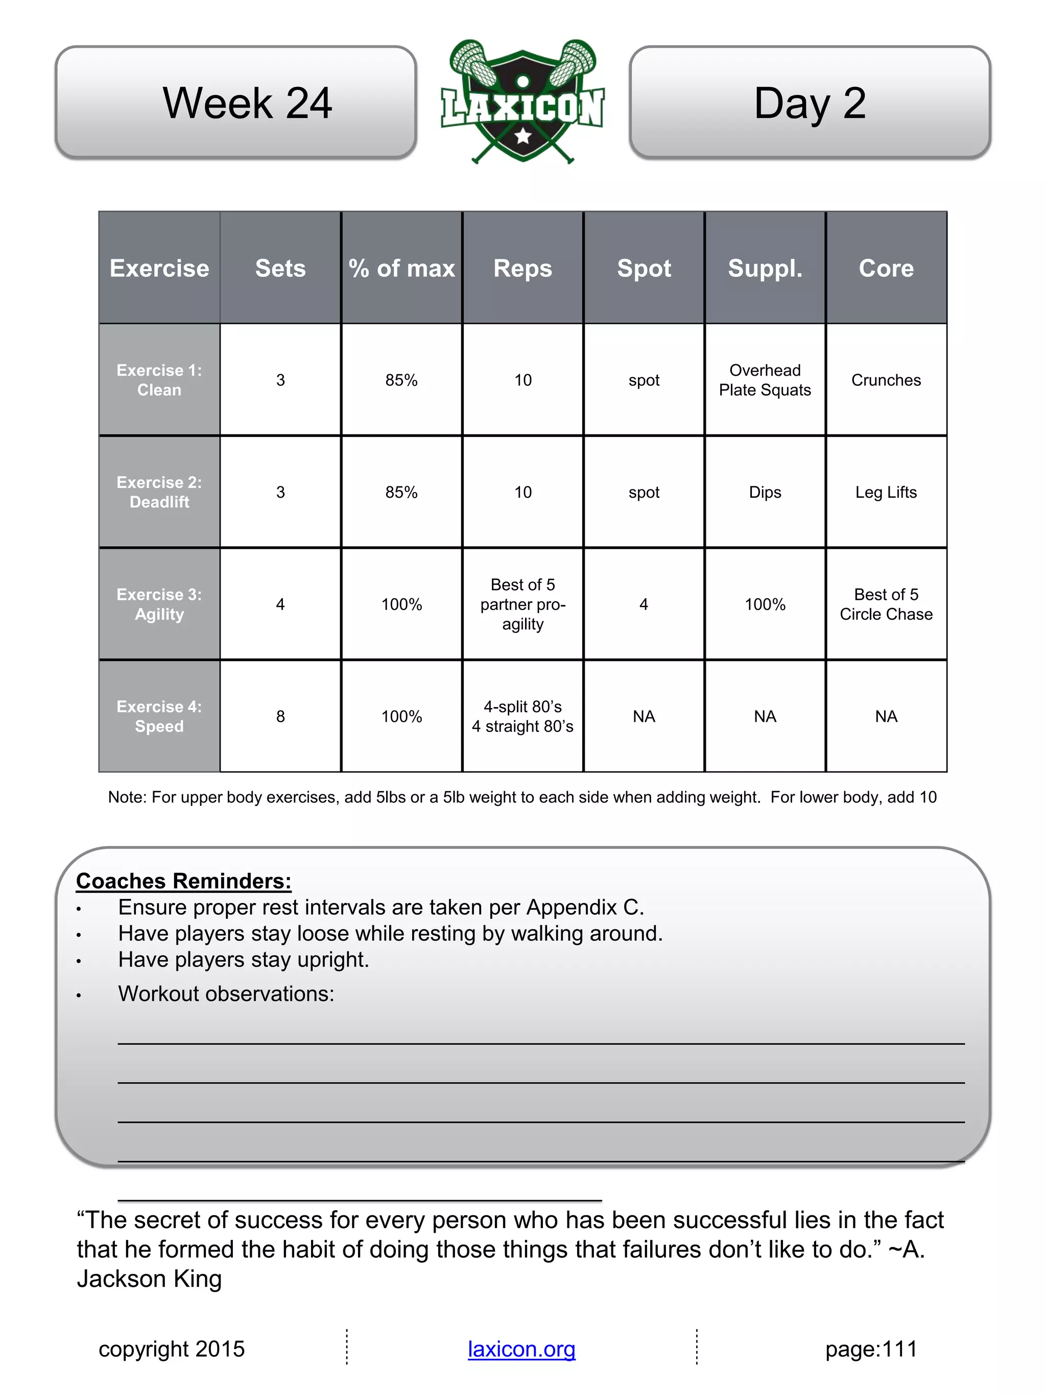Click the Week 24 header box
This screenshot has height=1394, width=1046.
[236, 102]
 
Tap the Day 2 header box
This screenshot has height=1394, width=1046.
[810, 102]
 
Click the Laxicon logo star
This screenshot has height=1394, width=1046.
[522, 135]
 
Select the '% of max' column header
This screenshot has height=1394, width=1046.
[401, 268]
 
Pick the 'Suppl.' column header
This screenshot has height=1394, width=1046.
[765, 268]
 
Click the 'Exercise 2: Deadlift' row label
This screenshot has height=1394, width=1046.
[159, 492]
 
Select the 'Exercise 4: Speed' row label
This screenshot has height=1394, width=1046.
[159, 717]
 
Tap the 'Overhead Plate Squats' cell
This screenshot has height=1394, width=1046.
[765, 380]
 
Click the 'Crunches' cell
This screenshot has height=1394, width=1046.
[886, 380]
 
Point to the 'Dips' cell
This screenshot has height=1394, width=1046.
[765, 492]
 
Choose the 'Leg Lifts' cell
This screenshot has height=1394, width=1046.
[886, 492]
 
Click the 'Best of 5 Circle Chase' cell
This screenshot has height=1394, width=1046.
[886, 604]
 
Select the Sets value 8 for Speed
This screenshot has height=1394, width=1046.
[280, 717]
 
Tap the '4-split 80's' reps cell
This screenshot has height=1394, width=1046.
[522, 717]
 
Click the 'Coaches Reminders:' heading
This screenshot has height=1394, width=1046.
[183, 881]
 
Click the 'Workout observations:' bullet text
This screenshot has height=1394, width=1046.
[226, 994]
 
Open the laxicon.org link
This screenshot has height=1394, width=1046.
[521, 1349]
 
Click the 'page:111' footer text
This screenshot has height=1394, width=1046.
[871, 1349]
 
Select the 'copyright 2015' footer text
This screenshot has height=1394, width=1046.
[172, 1349]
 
